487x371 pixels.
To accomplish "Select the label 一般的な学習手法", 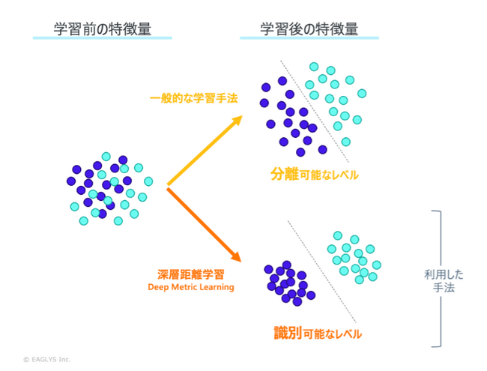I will (194, 98).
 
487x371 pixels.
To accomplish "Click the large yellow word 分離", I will (285, 175).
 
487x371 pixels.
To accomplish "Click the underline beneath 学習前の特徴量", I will (103, 39).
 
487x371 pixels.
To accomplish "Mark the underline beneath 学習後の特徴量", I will (309, 39).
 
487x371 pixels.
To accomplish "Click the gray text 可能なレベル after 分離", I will (330, 176).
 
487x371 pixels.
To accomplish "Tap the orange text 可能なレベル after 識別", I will (333, 334).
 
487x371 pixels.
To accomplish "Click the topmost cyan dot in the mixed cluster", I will (106, 157).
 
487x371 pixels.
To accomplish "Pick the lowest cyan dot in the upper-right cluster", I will (345, 142).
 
